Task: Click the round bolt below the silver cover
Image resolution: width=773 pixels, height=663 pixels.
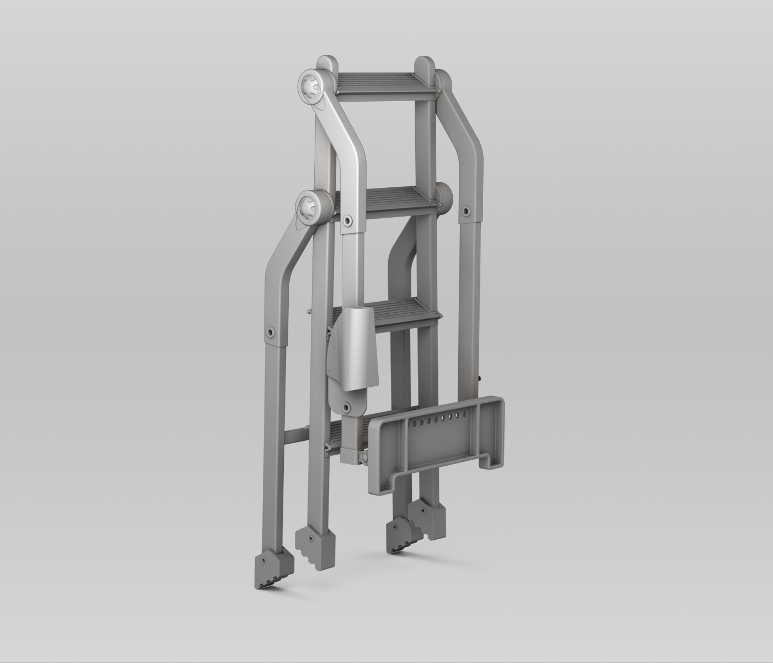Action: coord(347,408)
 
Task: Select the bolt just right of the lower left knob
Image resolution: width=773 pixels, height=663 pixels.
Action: coord(347,220)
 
